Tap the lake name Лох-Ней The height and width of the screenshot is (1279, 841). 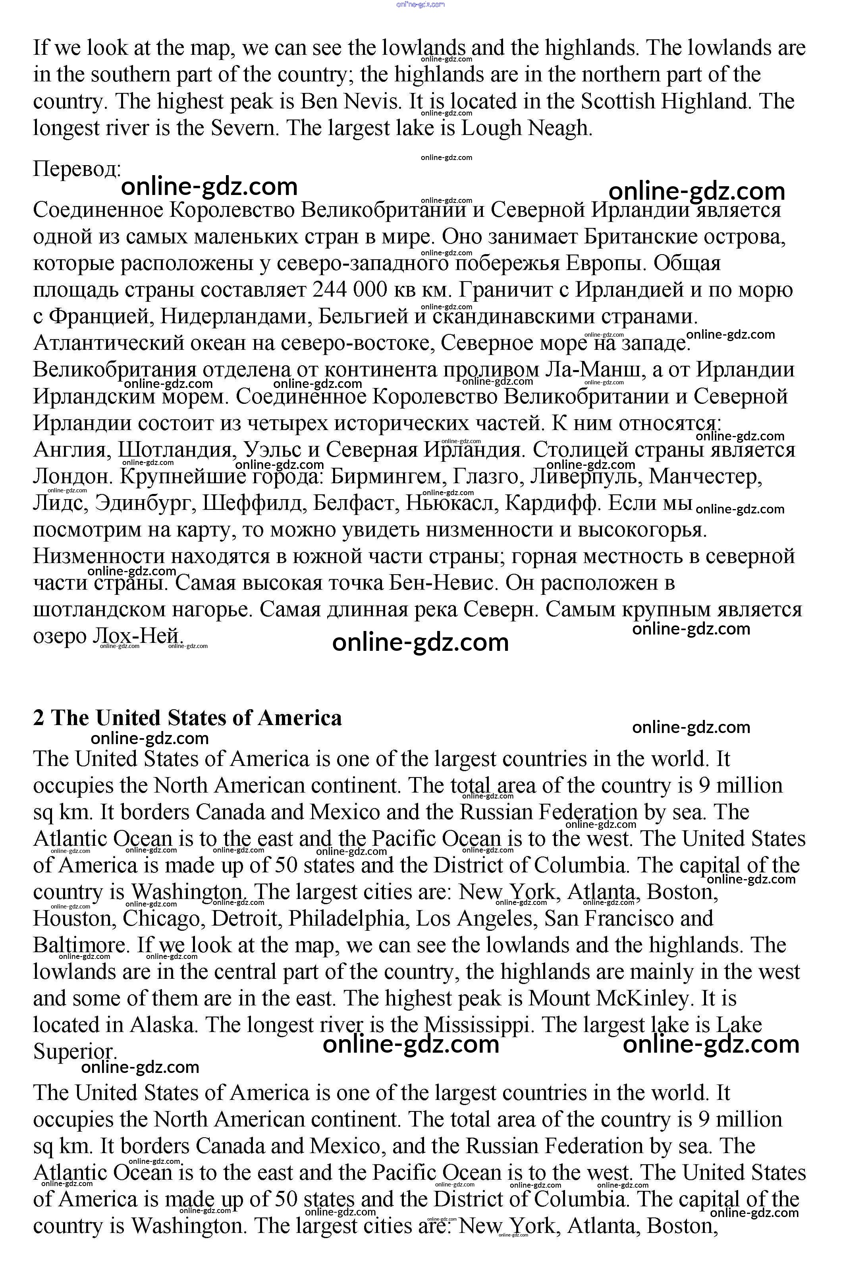click(137, 636)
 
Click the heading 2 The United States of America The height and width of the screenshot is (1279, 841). click(187, 718)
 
